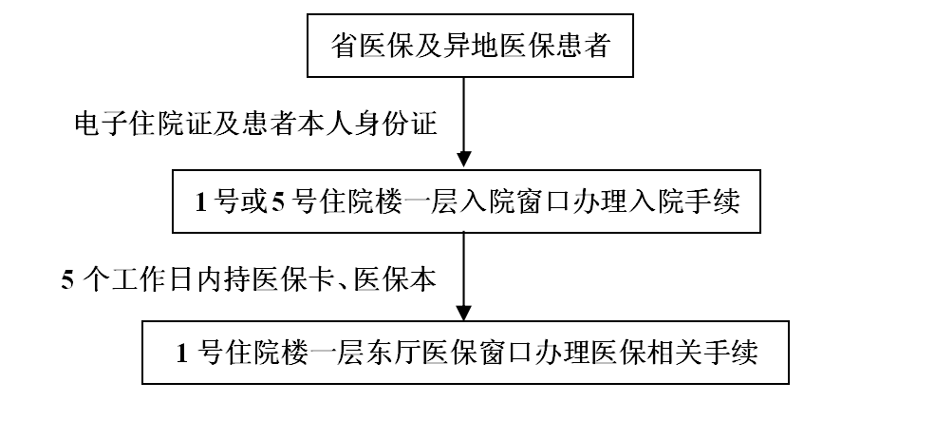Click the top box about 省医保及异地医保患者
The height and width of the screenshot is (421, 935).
(x=470, y=46)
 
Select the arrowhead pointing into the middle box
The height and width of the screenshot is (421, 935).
(x=464, y=159)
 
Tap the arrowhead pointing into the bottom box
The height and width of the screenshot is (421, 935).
(x=464, y=313)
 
